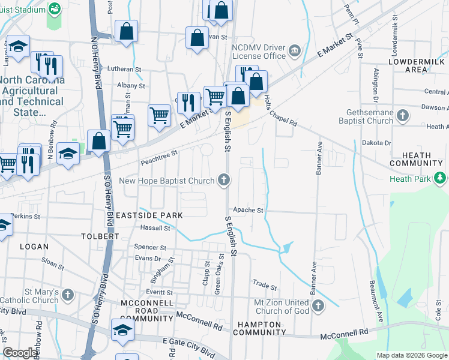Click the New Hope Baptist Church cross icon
(x=224, y=180)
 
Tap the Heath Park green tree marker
(x=441, y=178)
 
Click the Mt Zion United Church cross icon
(x=318, y=306)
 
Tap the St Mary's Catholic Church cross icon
(x=68, y=295)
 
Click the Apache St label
(x=249, y=211)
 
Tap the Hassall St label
(x=155, y=228)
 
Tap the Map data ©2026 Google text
(x=411, y=355)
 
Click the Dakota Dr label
(x=376, y=143)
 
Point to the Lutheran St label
(x=124, y=69)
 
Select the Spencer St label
(x=150, y=247)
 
